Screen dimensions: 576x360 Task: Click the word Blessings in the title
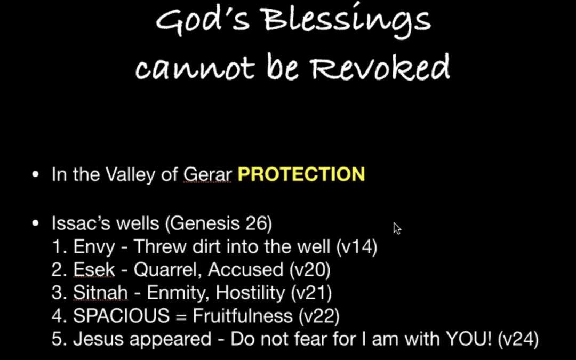pos(347,21)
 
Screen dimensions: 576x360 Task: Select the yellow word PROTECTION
pos(301,174)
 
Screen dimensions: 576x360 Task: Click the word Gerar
pos(207,174)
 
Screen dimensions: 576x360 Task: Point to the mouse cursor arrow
pos(397,228)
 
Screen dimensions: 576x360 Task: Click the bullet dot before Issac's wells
pos(35,223)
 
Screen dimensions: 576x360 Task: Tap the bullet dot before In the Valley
pos(35,174)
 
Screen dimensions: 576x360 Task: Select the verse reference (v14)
pos(357,247)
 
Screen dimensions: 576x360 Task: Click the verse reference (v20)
pos(310,270)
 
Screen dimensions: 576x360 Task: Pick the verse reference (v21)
pos(311,293)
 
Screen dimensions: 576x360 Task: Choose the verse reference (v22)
pos(319,316)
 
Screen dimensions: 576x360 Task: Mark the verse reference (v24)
pos(518,339)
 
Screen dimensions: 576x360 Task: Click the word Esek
pos(94,270)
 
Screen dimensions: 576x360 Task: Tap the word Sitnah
pos(100,293)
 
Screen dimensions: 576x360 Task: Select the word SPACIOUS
pos(121,316)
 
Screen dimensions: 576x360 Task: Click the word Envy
pos(94,247)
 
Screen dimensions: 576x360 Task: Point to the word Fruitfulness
pos(243,316)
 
